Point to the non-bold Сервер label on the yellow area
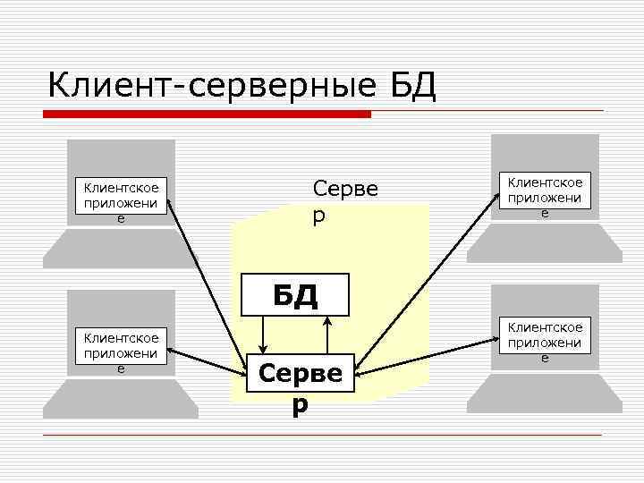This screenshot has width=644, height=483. point(345,201)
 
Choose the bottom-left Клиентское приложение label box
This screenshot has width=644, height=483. point(122,352)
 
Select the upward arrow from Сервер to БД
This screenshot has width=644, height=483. point(329,335)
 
